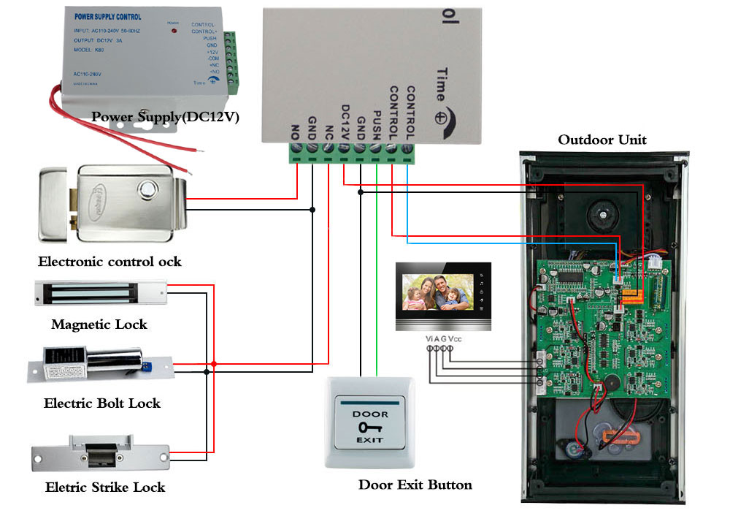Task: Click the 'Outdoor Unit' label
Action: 602,140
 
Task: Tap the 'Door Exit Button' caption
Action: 415,485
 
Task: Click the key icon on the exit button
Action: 369,427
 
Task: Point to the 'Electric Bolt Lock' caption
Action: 102,403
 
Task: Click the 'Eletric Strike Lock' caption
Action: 105,487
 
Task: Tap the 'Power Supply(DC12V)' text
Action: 166,116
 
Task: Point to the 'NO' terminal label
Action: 296,132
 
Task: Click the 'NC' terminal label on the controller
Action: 328,132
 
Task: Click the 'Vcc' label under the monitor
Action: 455,338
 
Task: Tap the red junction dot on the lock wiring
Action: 214,363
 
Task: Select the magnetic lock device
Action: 100,293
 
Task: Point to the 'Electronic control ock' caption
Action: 109,261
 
